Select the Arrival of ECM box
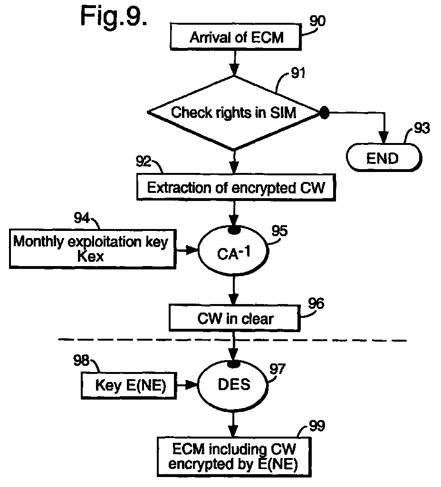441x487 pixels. point(236,37)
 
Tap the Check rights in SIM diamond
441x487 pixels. point(234,113)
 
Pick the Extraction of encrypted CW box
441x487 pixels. point(236,188)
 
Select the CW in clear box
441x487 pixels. point(235,318)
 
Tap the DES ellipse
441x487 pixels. point(233,385)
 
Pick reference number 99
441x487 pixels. point(317,425)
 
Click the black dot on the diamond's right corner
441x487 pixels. point(324,113)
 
